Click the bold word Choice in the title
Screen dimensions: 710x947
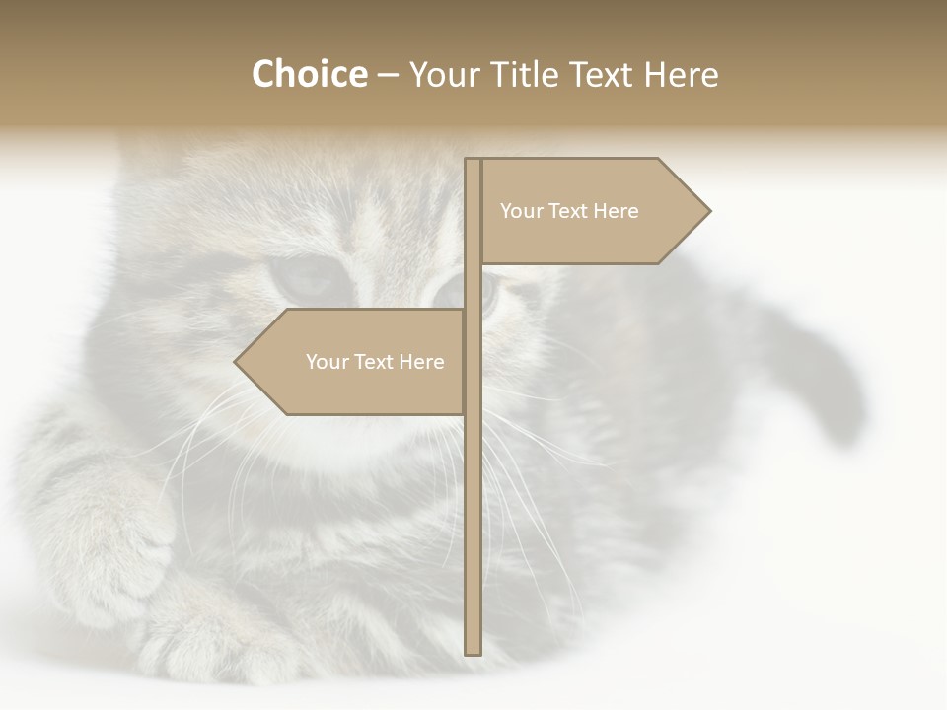(309, 74)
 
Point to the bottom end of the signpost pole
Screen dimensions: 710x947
(473, 651)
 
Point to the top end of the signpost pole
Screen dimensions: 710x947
(473, 161)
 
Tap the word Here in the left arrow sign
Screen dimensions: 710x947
(423, 362)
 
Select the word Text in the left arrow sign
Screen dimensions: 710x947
(373, 362)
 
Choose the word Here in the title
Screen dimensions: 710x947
(682, 74)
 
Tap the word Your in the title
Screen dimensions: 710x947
(443, 74)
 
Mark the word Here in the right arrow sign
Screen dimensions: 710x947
(618, 211)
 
